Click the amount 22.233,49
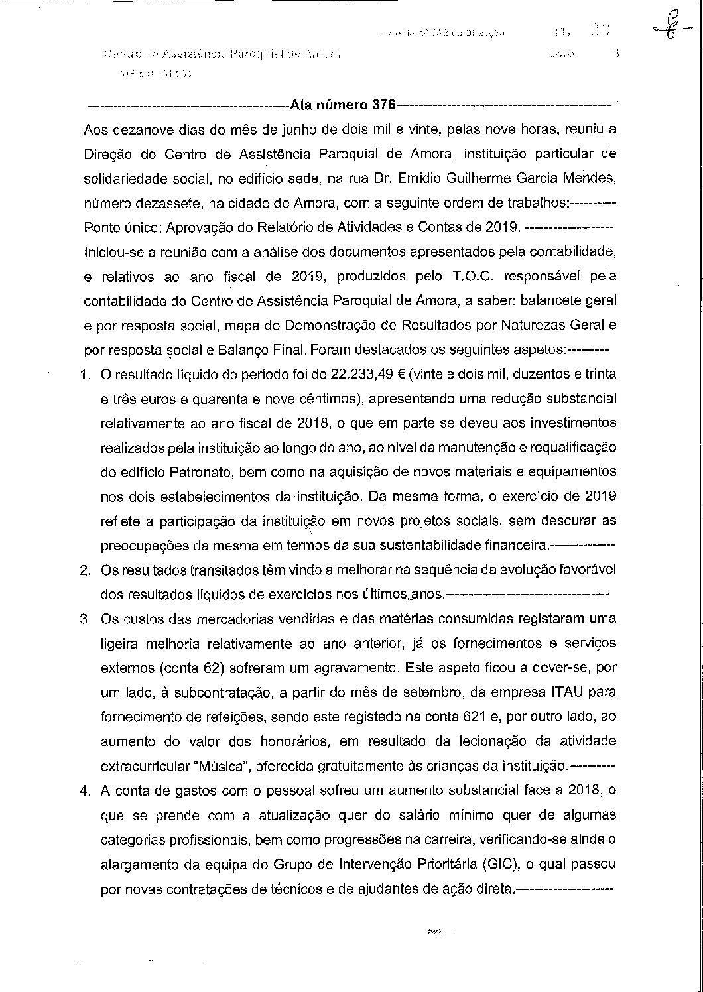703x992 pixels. click(361, 374)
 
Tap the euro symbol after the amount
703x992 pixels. click(401, 374)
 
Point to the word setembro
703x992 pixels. click(425, 692)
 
